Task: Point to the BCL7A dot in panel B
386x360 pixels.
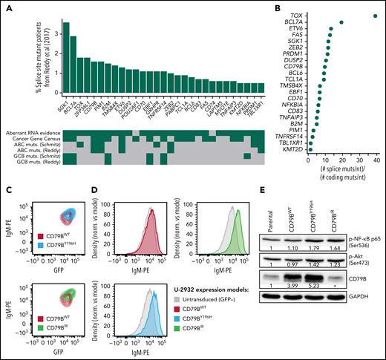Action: [341, 23]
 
